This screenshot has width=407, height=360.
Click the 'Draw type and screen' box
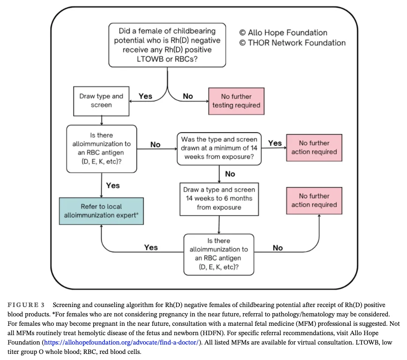(x=101, y=101)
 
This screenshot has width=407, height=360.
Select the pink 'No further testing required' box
(x=236, y=101)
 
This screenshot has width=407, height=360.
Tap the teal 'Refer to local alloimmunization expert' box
(x=101, y=210)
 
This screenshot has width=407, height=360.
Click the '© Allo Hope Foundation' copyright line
(x=283, y=33)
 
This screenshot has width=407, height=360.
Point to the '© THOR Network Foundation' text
(x=292, y=43)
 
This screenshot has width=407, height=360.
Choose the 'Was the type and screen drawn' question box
(x=219, y=148)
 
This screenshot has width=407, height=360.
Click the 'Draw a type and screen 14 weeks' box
(x=219, y=198)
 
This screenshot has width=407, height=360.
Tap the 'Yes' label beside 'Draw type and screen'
(x=145, y=96)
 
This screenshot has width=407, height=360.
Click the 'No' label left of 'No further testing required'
(x=188, y=96)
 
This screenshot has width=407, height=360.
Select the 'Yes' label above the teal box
(x=113, y=186)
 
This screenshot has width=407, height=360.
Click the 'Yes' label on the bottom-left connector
(x=151, y=247)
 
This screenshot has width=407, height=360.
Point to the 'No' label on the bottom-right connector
(x=278, y=247)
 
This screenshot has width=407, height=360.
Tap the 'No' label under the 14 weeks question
(x=230, y=174)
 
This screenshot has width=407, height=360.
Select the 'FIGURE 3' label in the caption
(x=26, y=305)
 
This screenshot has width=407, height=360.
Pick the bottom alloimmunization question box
(x=219, y=254)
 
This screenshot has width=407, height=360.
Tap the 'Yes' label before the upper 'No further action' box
(x=274, y=142)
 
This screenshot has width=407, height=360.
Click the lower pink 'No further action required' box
(x=314, y=201)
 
